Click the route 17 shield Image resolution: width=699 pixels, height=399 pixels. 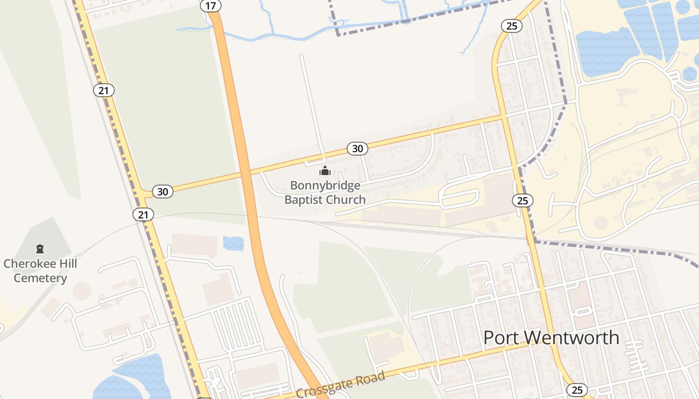(x=210, y=5)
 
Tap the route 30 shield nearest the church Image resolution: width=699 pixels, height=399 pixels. (x=357, y=148)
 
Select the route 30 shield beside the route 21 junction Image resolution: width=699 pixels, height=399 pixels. (x=162, y=191)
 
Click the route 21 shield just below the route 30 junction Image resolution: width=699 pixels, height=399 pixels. (x=143, y=214)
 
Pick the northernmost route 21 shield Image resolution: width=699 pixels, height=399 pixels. (x=103, y=90)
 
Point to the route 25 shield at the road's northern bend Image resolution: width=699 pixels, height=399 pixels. (x=511, y=26)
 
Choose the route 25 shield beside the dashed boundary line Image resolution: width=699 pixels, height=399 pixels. (x=522, y=200)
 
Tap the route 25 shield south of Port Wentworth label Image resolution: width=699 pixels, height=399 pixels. (x=577, y=390)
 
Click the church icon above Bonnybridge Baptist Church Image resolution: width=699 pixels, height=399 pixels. (x=325, y=171)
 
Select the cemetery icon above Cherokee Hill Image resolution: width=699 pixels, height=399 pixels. (x=40, y=248)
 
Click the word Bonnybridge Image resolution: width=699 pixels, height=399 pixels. (x=325, y=186)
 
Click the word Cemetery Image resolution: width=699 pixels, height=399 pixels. (x=40, y=278)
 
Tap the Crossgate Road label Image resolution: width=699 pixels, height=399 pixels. (x=341, y=385)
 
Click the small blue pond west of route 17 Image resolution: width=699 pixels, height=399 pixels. (x=233, y=243)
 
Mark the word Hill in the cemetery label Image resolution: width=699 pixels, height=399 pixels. (x=68, y=263)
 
